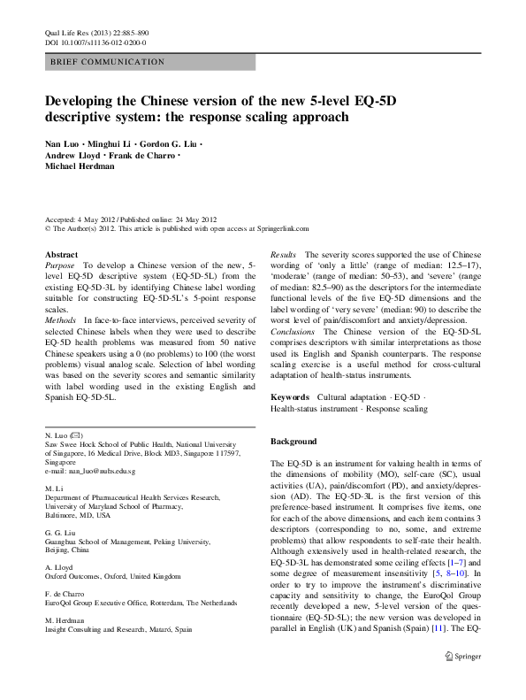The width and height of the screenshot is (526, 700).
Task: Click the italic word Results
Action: [x=284, y=254]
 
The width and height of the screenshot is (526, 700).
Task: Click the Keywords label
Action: [x=290, y=398]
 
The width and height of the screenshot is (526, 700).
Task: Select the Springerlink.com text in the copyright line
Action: [x=280, y=227]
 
